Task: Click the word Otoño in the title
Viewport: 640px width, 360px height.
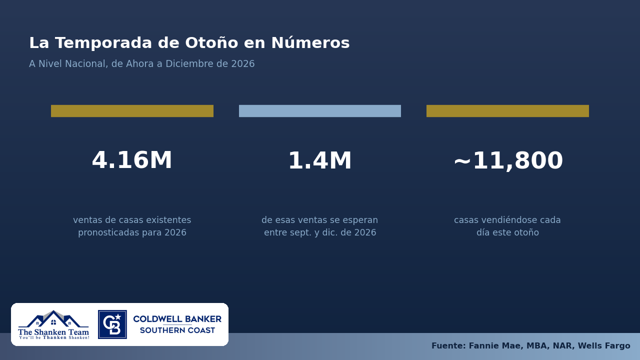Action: (211, 43)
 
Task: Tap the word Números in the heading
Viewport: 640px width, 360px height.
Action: (310, 43)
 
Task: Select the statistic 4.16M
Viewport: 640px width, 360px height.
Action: (132, 160)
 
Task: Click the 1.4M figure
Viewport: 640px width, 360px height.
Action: (320, 160)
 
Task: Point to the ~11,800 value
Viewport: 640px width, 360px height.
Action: (508, 160)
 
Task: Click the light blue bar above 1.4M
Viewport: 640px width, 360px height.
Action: (320, 111)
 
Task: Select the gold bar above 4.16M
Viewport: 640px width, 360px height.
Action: (132, 111)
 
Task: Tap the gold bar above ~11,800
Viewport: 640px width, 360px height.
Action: (507, 111)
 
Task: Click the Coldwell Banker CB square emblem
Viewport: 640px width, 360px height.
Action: (112, 324)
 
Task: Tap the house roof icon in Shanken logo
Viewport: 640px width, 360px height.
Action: (53, 319)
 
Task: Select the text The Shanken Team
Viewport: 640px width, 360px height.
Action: (53, 332)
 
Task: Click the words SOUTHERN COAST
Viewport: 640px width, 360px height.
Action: (177, 330)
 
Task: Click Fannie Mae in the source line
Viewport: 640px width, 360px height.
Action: (496, 345)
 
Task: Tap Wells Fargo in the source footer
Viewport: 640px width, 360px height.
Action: (604, 345)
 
